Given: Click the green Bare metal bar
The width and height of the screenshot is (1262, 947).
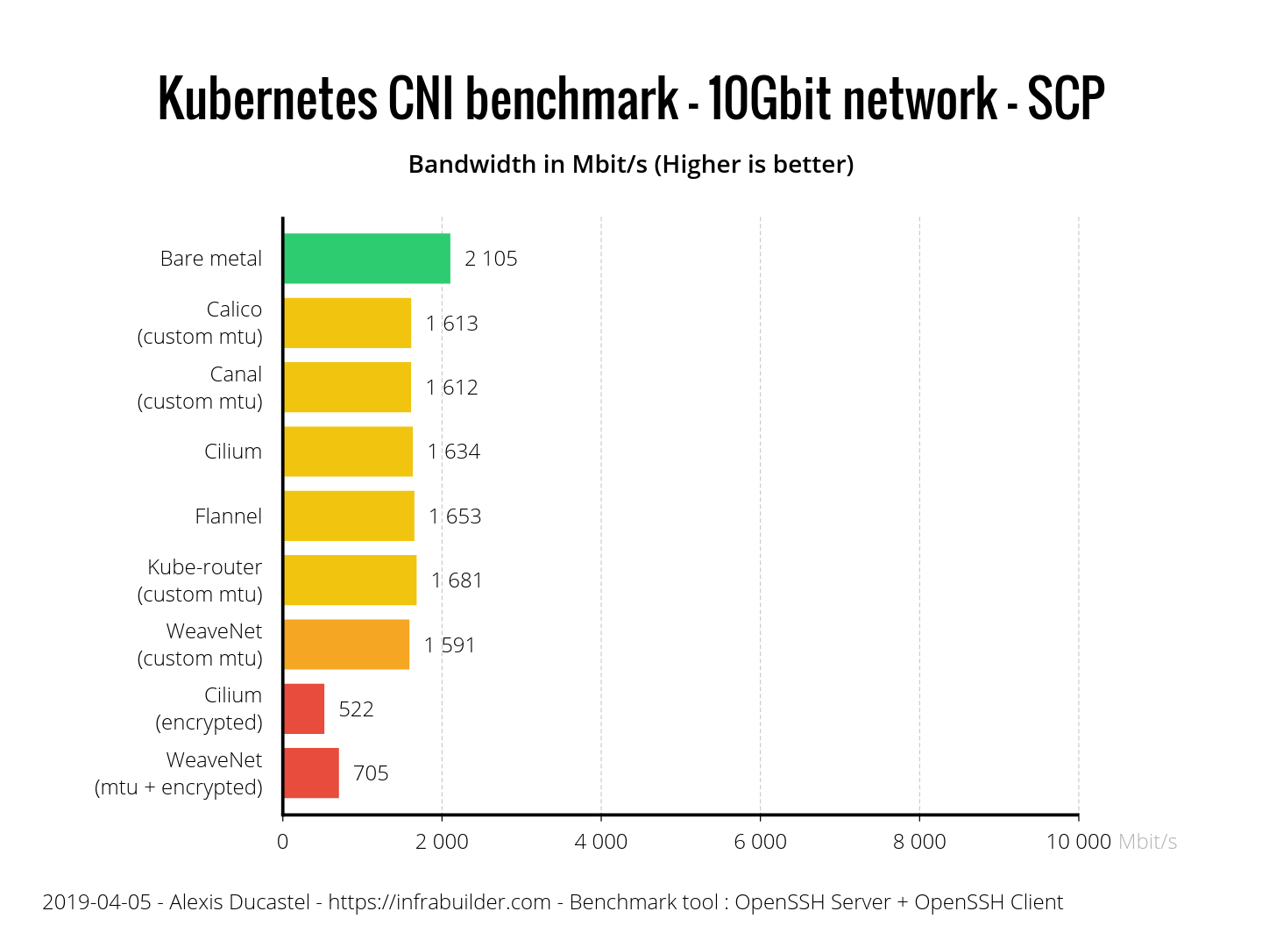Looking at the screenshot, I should pyautogui.click(x=366, y=259).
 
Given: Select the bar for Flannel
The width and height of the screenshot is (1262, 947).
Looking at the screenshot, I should pyautogui.click(x=349, y=516).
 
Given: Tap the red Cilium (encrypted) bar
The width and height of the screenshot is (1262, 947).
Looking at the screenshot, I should pyautogui.click(x=304, y=708).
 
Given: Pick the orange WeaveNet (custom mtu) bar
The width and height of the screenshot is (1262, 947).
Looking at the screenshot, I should pyautogui.click(x=346, y=644).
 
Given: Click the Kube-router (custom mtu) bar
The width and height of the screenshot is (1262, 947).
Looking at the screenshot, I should pyautogui.click(x=350, y=580).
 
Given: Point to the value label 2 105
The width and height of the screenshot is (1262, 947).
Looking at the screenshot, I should pyautogui.click(x=491, y=259).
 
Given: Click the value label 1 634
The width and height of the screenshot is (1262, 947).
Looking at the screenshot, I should pyautogui.click(x=454, y=452).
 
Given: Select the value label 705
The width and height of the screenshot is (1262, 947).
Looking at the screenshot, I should pyautogui.click(x=371, y=773).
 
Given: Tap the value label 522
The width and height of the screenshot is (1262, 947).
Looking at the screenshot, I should pyautogui.click(x=356, y=709).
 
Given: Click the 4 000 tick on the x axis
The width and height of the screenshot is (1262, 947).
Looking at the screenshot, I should pyautogui.click(x=601, y=842).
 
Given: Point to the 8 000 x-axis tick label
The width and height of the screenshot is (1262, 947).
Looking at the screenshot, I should pyautogui.click(x=919, y=842).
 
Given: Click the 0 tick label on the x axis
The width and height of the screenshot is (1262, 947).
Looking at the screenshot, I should pyautogui.click(x=282, y=842).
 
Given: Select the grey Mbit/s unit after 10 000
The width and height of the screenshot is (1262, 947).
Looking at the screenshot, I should pyautogui.click(x=1147, y=842).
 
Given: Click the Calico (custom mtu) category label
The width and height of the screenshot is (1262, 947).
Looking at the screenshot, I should pyautogui.click(x=201, y=323).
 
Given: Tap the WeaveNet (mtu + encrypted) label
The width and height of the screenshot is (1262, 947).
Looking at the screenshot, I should pyautogui.click(x=180, y=773).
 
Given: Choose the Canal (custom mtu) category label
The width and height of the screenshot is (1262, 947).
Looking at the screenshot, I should pyautogui.click(x=201, y=388).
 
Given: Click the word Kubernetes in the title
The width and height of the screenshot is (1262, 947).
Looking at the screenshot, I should pyautogui.click(x=268, y=98).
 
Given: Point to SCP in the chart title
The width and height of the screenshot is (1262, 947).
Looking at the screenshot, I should pyautogui.click(x=1066, y=98).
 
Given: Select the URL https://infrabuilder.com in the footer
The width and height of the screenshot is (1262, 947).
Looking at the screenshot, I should pyautogui.click(x=439, y=902).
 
